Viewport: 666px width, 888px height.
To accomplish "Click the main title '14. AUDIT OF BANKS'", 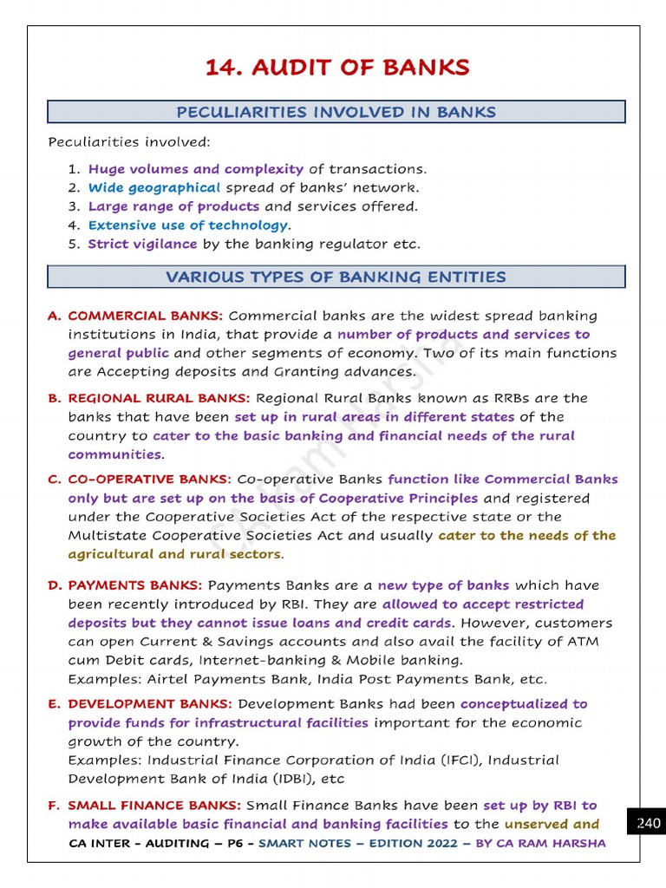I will [x=336, y=68].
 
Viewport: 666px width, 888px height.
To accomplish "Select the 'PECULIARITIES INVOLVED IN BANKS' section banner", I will [x=336, y=112].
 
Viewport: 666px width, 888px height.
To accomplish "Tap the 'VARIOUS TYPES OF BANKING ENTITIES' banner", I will [x=336, y=277].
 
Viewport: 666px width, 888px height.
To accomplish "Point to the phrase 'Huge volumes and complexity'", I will [x=196, y=169].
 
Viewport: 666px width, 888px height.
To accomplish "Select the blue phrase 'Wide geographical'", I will [x=154, y=187].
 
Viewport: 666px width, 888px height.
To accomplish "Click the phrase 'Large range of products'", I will [x=173, y=206].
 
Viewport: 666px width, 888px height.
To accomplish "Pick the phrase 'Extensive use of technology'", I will [x=187, y=225].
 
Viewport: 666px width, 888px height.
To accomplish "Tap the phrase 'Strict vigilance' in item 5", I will [x=142, y=245].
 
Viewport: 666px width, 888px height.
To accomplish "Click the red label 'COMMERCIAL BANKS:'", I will [x=146, y=316].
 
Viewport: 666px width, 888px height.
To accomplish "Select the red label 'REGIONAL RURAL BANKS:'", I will [x=160, y=398].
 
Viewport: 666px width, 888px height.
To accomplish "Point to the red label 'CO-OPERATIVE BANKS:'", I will [x=150, y=479].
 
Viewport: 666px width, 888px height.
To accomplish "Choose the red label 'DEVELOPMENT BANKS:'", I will [x=150, y=704].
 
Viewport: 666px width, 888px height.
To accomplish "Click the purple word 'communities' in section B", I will [x=114, y=454].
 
